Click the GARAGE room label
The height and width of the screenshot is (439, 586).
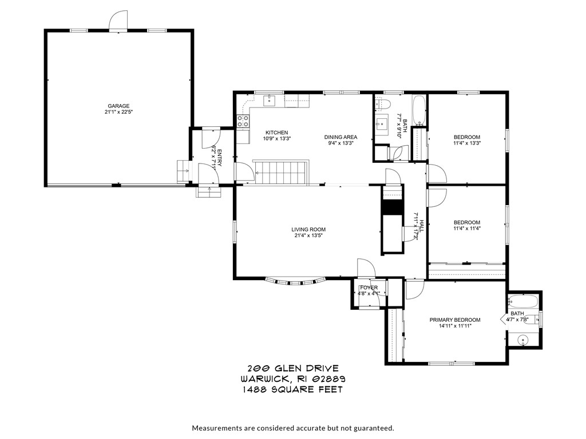click(x=118, y=106)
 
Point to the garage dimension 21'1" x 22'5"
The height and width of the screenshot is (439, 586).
click(x=118, y=113)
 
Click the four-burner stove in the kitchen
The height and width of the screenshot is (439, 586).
click(x=243, y=121)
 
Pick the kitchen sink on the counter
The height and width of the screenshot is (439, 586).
click(x=269, y=101)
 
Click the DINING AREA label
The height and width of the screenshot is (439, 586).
click(x=340, y=137)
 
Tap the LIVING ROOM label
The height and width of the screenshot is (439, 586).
click(x=310, y=230)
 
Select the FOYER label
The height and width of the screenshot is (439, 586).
click(x=368, y=288)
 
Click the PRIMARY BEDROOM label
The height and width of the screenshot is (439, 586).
click(x=455, y=320)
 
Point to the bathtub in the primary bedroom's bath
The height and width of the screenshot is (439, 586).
click(x=523, y=301)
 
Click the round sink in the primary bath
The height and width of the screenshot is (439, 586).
click(x=523, y=341)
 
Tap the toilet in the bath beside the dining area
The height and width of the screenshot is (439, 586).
click(x=384, y=104)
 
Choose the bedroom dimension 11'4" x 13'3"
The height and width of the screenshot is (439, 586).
click(x=466, y=144)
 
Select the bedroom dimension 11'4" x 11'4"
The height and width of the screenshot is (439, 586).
click(x=466, y=230)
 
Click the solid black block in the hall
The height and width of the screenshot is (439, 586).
click(x=393, y=206)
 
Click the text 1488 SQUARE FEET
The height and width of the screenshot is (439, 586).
click(x=292, y=390)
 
